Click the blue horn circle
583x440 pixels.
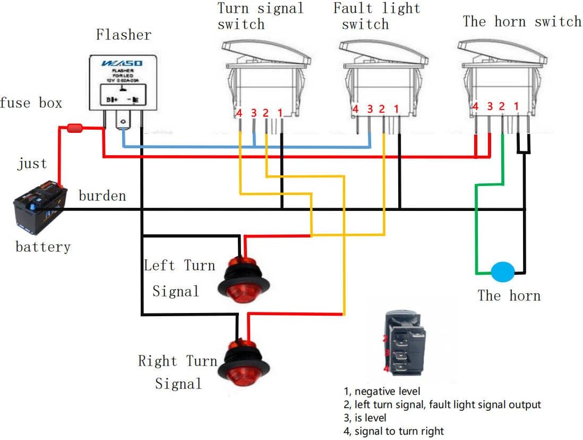click(502, 272)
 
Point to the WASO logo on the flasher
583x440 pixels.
click(122, 63)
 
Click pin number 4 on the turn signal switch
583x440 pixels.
click(239, 113)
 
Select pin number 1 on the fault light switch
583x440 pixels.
click(396, 109)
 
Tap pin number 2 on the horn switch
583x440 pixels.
click(502, 107)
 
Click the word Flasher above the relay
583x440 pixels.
click(123, 35)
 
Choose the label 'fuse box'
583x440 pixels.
click(31, 103)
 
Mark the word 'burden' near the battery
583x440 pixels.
click(102, 196)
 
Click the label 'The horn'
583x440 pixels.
click(509, 295)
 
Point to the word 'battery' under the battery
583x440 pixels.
click(42, 247)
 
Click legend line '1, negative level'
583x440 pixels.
click(382, 392)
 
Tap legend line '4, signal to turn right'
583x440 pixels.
click(393, 431)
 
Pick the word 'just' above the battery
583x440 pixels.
click(32, 164)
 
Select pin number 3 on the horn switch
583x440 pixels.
click(490, 107)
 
